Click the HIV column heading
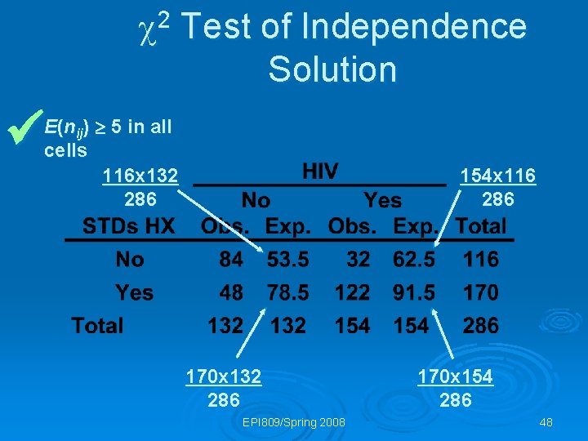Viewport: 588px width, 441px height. point(320,172)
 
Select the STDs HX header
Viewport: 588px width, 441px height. point(129,226)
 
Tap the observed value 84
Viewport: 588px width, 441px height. point(231,260)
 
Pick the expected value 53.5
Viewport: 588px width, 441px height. point(287,260)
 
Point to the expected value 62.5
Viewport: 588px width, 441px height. point(414,260)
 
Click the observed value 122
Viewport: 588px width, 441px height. point(352,292)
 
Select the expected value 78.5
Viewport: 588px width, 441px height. point(287,292)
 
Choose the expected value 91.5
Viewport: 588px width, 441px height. point(414,292)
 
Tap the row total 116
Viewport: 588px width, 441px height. point(480,260)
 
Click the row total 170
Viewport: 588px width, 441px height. point(480,292)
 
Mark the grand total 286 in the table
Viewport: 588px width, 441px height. point(480,326)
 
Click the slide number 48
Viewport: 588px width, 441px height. point(546,422)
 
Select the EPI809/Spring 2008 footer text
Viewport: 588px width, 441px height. point(294,422)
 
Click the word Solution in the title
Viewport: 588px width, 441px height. point(332,69)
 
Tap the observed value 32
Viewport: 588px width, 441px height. point(358,260)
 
